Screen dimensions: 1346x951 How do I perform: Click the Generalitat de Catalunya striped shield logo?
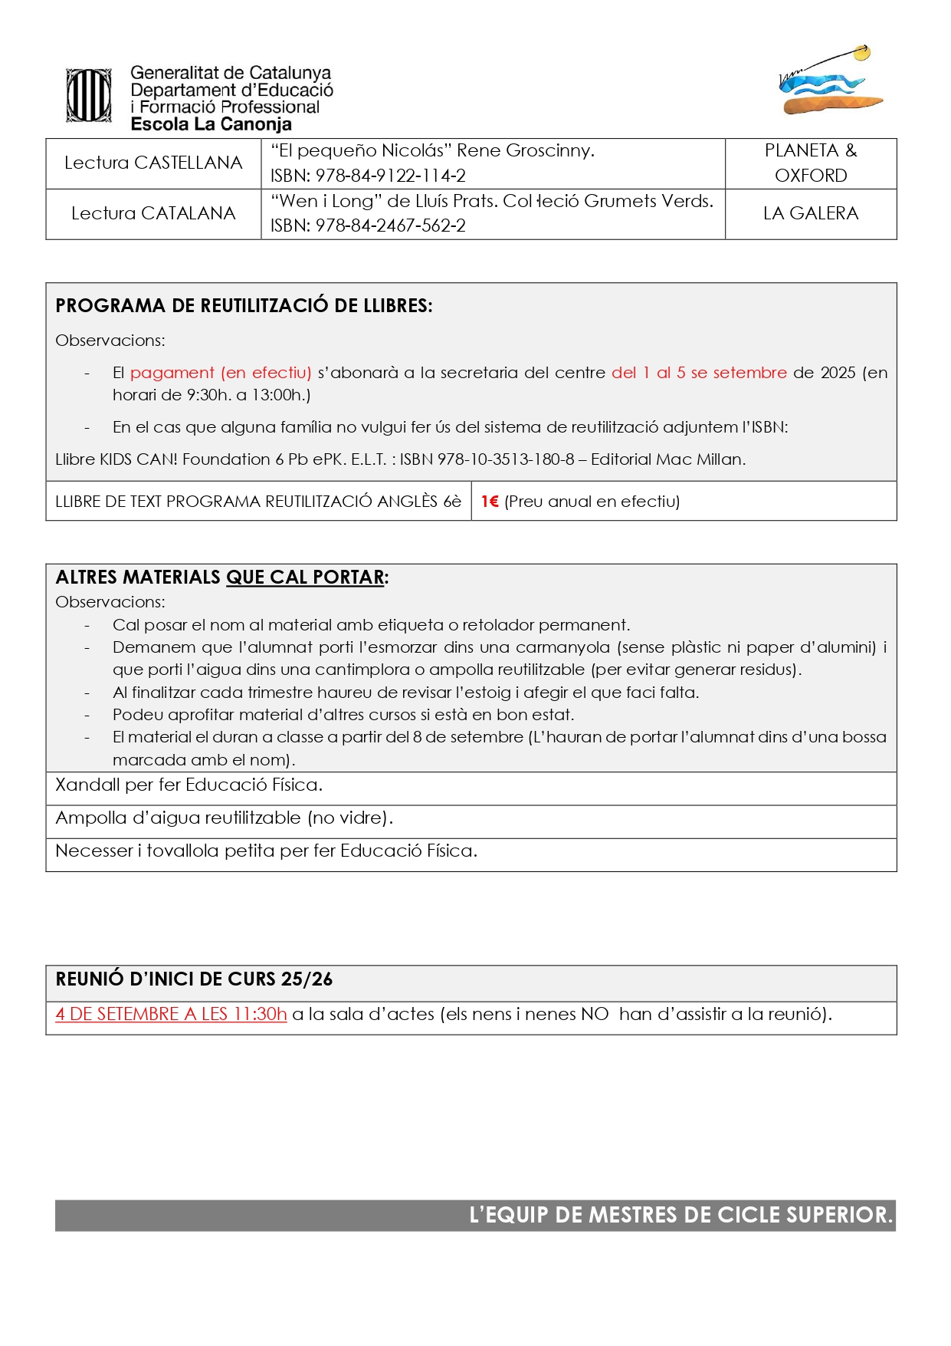[x=89, y=95]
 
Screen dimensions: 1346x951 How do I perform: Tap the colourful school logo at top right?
[x=830, y=81]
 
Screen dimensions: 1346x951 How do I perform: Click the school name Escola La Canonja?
[x=211, y=124]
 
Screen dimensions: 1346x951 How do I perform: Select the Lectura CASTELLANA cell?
[x=153, y=163]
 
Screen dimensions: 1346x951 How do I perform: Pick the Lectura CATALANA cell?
[x=153, y=213]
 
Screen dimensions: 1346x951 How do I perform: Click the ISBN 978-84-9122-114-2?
[x=390, y=176]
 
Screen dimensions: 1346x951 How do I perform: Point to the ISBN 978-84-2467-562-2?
[x=390, y=225]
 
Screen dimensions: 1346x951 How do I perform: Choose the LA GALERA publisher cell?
[x=810, y=213]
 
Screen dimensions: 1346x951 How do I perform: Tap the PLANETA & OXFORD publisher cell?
[x=810, y=163]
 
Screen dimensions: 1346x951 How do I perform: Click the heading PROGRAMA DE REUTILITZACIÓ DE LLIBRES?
[x=244, y=306]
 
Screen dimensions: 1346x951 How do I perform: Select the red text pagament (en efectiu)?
[x=221, y=373]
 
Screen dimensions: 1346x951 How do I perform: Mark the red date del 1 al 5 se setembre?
[x=699, y=373]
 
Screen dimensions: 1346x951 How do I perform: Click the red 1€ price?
[x=490, y=502]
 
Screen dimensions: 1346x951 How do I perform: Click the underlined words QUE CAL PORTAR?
[x=305, y=578]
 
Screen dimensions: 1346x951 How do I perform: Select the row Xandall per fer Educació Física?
[x=189, y=785]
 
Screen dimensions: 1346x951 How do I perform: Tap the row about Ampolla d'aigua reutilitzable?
[x=224, y=818]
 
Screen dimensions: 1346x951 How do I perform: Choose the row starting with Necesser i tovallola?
[x=266, y=851]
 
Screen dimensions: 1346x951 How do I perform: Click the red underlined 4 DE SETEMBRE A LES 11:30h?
[x=171, y=1014]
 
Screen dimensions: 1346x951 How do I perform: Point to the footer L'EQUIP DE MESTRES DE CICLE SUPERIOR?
[x=680, y=1215]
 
